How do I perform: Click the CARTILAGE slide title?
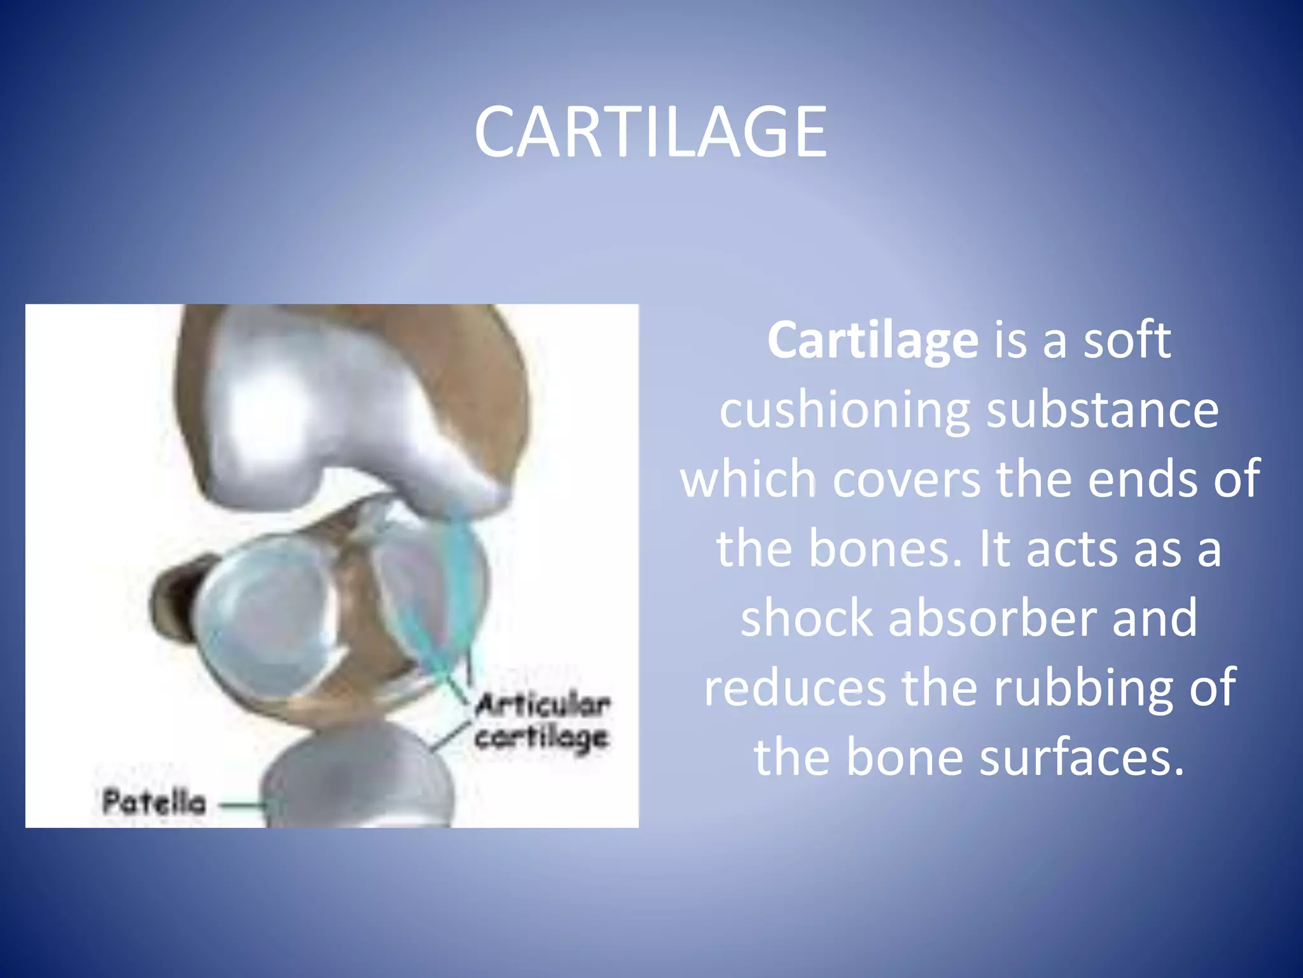pos(650,132)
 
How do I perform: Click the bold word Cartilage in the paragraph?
pos(872,341)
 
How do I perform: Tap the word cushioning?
pos(844,411)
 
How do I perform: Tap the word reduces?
pos(794,688)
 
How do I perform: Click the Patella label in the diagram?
pos(154,802)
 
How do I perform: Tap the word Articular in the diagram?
pos(543,705)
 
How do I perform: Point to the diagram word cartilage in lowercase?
pos(541,739)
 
